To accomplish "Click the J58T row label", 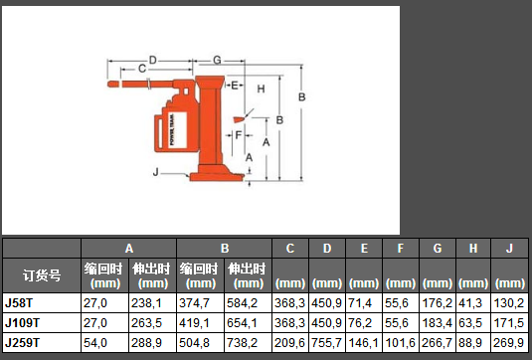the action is [19, 303].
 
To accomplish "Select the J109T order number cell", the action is [22, 322].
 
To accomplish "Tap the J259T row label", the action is [22, 343].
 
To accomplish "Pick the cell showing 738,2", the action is [242, 343].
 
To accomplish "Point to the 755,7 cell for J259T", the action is [326, 343].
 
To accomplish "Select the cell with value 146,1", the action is [363, 343].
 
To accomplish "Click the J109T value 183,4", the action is [437, 322].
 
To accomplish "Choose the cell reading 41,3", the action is [470, 303].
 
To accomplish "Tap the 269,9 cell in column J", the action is [509, 343].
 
